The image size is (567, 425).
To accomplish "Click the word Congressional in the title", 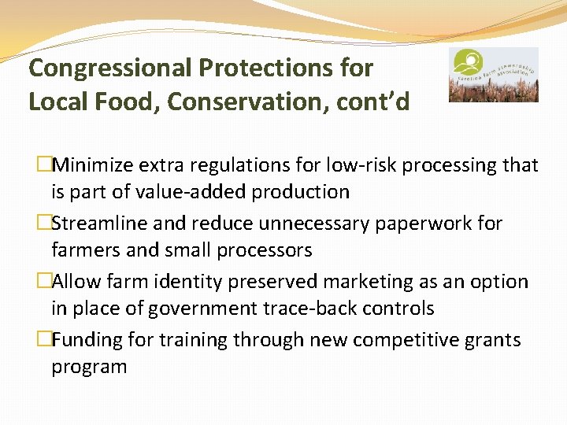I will click(110, 68).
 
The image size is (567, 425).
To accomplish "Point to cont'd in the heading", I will click(373, 102).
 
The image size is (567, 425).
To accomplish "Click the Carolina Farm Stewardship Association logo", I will click(493, 75).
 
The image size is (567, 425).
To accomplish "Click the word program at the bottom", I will click(89, 367).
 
